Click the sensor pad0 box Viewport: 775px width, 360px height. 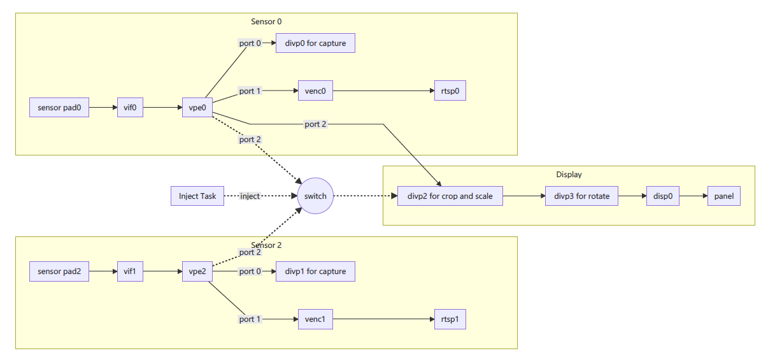pos(59,108)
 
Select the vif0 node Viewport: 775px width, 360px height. pos(130,108)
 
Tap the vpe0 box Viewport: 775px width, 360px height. pos(197,108)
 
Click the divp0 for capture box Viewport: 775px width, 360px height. pos(315,43)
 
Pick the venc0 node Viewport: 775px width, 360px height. pos(315,91)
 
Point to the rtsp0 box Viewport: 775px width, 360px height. pos(450,91)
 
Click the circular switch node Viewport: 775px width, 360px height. pos(315,196)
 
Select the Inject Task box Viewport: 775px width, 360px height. pos(197,196)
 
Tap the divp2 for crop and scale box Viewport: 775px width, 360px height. pos(450,196)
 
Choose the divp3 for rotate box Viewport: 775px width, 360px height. pos(578,196)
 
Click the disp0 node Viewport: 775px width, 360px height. pos(662,196)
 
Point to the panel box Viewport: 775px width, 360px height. pos(724,196)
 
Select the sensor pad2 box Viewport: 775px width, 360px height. pos(59,271)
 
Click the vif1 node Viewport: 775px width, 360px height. pos(130,271)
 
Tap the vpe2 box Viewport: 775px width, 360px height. pos(197,271)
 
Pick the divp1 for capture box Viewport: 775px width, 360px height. pos(315,271)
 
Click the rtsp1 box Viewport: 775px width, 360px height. pos(450,319)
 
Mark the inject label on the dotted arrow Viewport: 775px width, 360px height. pos(250,196)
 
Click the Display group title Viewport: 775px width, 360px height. pos(569,175)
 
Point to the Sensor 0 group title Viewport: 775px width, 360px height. pos(266,22)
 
